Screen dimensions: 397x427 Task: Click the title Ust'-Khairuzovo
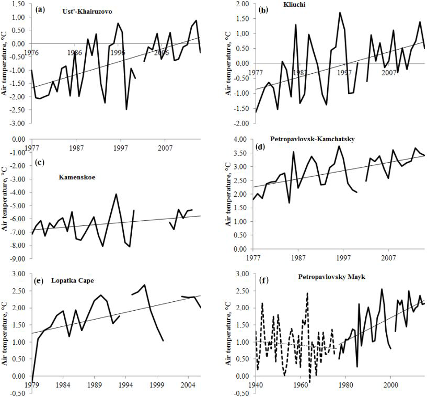pyautogui.click(x=83, y=11)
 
